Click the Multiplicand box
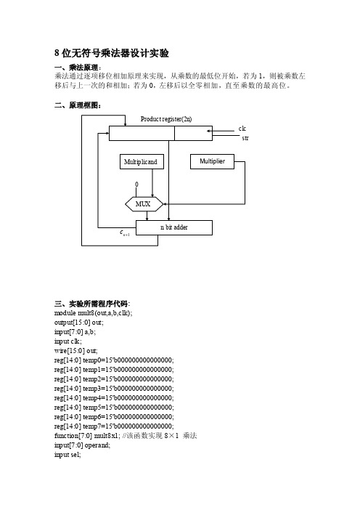(142, 162)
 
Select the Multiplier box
(212, 161)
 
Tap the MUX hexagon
(144, 204)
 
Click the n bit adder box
(174, 227)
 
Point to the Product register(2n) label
(166, 119)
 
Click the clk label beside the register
(242, 129)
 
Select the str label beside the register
(245, 138)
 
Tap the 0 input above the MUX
(136, 185)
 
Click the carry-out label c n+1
(124, 233)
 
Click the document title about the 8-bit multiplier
(112, 53)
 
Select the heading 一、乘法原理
(78, 68)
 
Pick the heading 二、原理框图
(78, 105)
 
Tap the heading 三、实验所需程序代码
(92, 304)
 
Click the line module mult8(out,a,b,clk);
(93, 313)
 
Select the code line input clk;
(68, 341)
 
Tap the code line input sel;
(67, 455)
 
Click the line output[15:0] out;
(79, 323)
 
